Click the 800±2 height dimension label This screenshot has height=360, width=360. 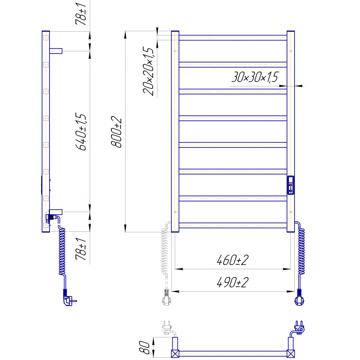[x=116, y=132]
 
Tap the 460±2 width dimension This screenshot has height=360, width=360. [x=232, y=260]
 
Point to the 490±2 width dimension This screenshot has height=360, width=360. [x=232, y=282]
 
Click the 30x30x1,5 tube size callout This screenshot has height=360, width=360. [x=255, y=77]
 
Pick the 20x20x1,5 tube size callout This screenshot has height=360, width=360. [x=148, y=71]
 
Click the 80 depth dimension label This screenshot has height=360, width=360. [x=144, y=347]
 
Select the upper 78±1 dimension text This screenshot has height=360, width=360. [x=81, y=14]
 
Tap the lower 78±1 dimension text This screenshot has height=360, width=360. [x=81, y=249]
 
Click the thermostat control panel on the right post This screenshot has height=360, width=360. [x=290, y=185]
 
